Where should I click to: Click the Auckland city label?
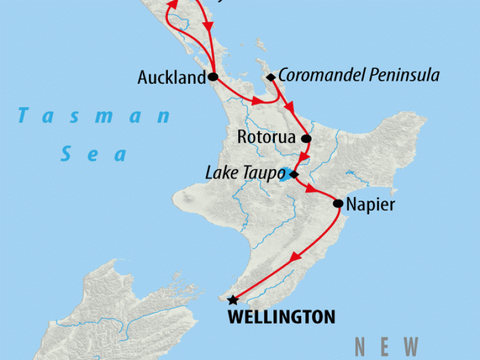pyautogui.click(x=171, y=78)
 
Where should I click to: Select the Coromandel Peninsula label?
pyautogui.click(x=359, y=76)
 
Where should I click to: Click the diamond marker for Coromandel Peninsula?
pyautogui.click(x=271, y=77)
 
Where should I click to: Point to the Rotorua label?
pyautogui.click(x=266, y=137)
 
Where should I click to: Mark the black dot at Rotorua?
pyautogui.click(x=305, y=139)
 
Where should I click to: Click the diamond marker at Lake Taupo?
pyautogui.click(x=293, y=175)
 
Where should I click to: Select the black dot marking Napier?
pyautogui.click(x=338, y=204)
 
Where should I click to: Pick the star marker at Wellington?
pyautogui.click(x=232, y=300)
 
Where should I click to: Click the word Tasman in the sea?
pyautogui.click(x=94, y=115)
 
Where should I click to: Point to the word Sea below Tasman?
pyautogui.click(x=95, y=155)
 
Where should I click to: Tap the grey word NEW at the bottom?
pyautogui.click(x=386, y=347)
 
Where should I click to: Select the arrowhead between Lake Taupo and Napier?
pyautogui.click(x=311, y=190)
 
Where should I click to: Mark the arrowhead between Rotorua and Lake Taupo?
pyautogui.click(x=304, y=158)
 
